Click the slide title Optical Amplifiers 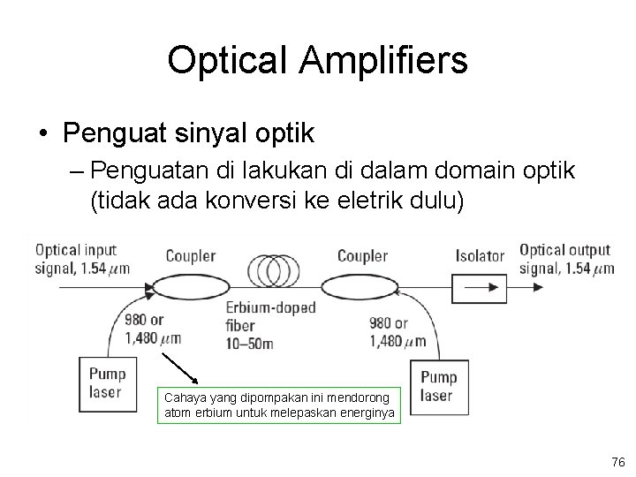317,60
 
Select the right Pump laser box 438,386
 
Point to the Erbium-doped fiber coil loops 276,269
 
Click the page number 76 617,462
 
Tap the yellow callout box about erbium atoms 280,405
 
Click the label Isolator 480,256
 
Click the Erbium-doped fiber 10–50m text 263,324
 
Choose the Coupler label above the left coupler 190,256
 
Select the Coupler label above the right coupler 363,256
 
